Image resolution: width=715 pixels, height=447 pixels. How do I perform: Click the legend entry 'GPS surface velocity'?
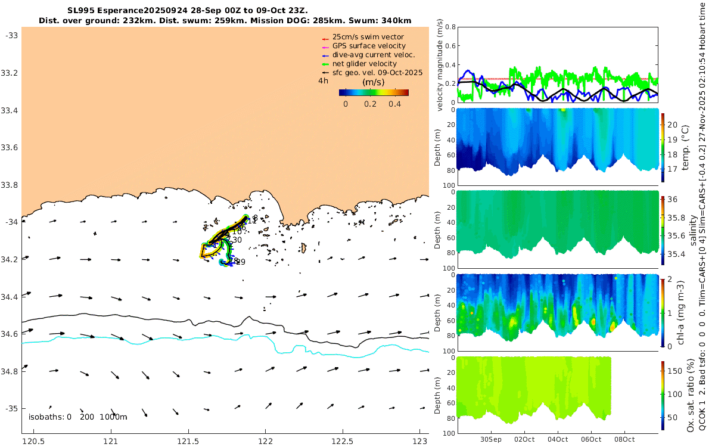point(369,46)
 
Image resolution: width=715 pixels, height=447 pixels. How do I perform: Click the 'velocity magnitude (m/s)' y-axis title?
point(441,66)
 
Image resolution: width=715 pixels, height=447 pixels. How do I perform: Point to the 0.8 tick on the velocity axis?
point(450,27)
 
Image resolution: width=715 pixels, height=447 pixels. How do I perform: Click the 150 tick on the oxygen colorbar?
point(673,371)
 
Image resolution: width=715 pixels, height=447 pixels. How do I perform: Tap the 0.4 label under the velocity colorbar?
point(394,104)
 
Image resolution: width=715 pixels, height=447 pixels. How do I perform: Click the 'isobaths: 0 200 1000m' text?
point(78,417)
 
